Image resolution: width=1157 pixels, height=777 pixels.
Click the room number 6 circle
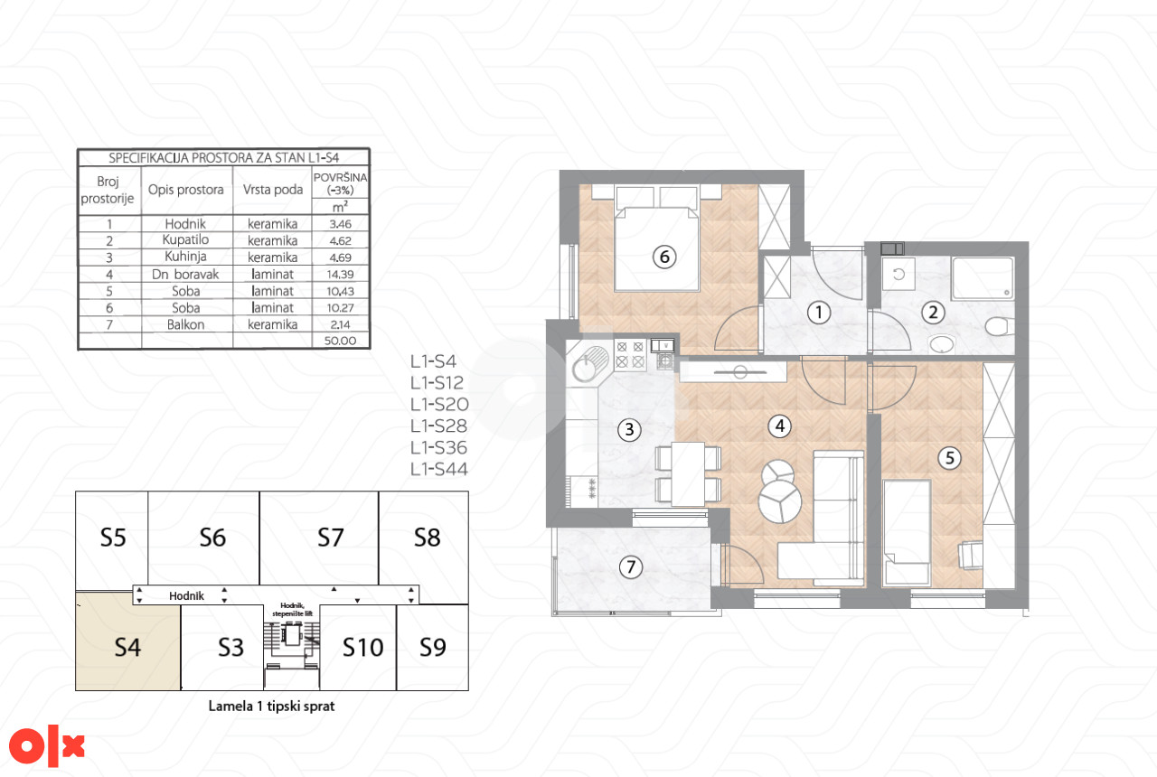[x=664, y=257]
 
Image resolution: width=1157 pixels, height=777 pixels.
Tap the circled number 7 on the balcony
[x=630, y=566]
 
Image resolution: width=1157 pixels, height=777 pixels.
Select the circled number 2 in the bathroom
[x=933, y=313]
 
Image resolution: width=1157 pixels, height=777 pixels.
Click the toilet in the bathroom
[x=999, y=326]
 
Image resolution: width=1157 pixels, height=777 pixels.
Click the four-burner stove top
[x=630, y=355]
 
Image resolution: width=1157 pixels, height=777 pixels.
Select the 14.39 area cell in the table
[x=340, y=275]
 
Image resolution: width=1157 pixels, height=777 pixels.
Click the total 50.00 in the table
[x=340, y=341]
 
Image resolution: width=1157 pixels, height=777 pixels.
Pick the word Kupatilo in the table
[x=185, y=240]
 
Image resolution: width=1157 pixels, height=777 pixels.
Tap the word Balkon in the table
[x=185, y=324]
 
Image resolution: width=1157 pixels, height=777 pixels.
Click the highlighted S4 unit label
[x=127, y=648]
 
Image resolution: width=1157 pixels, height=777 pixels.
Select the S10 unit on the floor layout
[x=362, y=648]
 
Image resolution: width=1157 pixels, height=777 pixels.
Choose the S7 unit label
[x=330, y=538]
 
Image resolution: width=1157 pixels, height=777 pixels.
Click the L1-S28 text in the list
[x=438, y=426]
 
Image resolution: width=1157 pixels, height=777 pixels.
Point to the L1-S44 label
[x=438, y=469]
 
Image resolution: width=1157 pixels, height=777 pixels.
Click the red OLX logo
[x=46, y=747]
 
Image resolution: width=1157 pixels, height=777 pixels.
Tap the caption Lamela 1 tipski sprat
[x=271, y=707]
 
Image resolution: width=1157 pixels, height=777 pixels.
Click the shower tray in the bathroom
[x=982, y=277]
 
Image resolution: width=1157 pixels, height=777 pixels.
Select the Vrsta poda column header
[x=273, y=190]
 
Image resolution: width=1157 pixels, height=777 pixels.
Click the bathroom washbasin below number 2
[x=941, y=344]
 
